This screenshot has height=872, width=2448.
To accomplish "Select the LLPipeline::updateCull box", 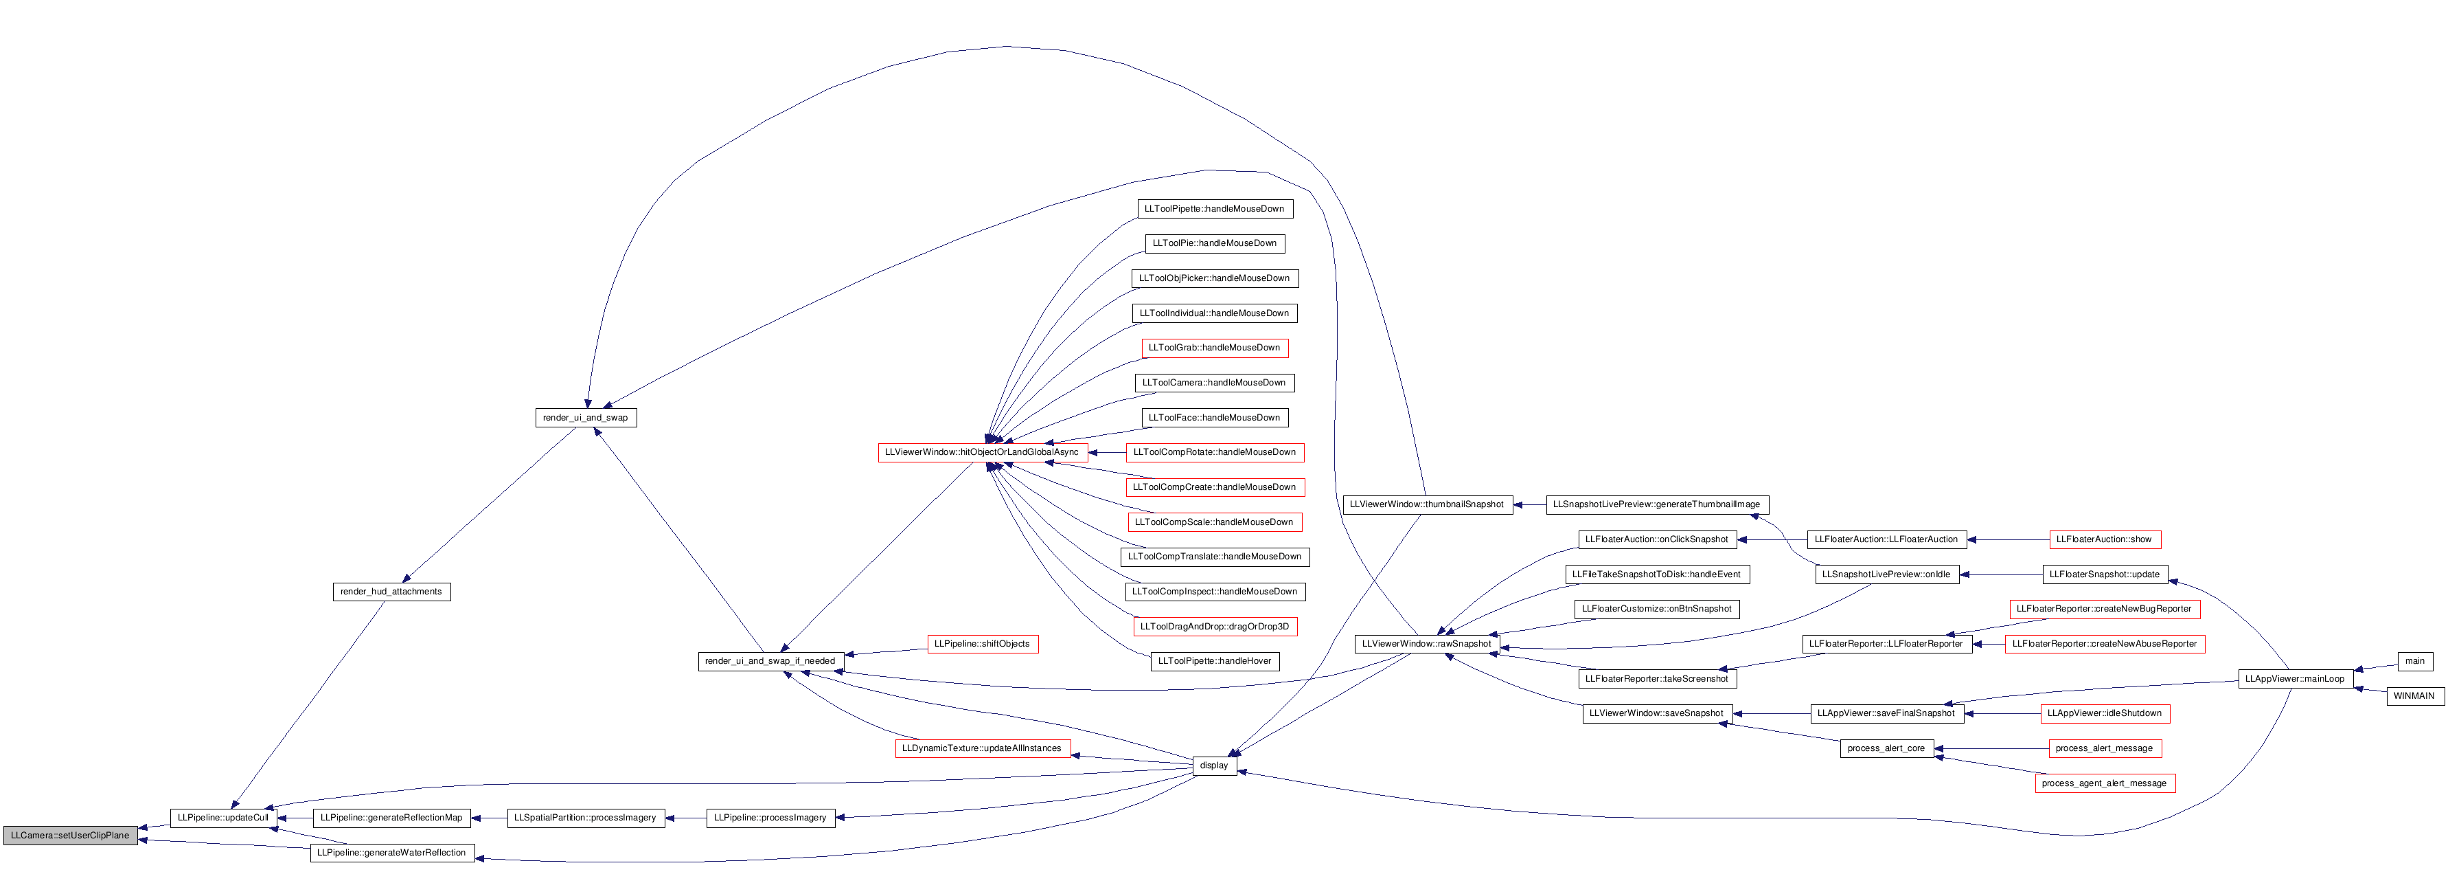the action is click(x=223, y=818).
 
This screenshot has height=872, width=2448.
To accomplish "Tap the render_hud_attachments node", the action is click(x=391, y=592).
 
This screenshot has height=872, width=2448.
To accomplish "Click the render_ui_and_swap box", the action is click(x=585, y=418).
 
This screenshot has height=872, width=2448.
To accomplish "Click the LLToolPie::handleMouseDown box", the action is click(x=1215, y=243).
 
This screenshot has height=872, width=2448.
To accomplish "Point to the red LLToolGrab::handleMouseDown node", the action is click(x=1215, y=348).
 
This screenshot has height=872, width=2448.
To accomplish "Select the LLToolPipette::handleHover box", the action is click(x=1215, y=661).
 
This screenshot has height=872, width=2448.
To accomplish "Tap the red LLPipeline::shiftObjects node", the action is click(x=983, y=644).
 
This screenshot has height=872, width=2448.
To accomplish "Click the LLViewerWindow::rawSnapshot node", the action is click(x=1426, y=644).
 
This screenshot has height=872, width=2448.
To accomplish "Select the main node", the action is click(x=2415, y=661).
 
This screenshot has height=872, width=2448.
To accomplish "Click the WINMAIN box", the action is click(x=2414, y=696).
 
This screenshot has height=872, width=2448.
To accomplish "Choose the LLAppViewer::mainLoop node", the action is click(x=2295, y=679).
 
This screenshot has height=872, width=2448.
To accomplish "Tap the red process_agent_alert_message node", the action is click(x=2104, y=783).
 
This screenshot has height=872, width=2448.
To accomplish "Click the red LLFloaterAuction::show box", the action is click(x=2104, y=540).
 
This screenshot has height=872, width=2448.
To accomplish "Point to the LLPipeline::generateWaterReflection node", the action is click(x=391, y=853).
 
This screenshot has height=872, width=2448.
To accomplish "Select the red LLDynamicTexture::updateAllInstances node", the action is click(x=983, y=748).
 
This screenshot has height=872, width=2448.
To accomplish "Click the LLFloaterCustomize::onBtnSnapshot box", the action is click(x=1656, y=610).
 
